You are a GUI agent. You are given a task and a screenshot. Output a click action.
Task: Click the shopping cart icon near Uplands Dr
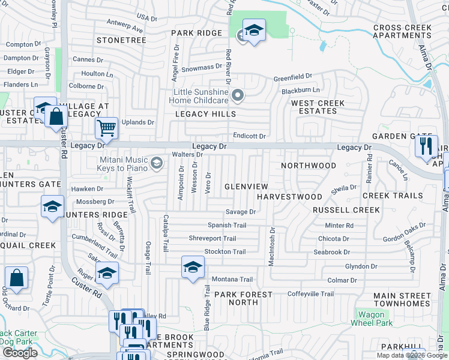pyautogui.click(x=106, y=127)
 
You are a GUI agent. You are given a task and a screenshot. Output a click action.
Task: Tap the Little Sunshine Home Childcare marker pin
pyautogui.click(x=239, y=95)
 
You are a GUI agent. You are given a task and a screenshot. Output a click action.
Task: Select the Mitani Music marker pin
pyautogui.click(x=157, y=163)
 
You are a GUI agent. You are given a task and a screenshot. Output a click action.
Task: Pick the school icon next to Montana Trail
pyautogui.click(x=193, y=267)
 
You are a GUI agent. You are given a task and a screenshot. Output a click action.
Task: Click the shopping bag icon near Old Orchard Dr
pyautogui.click(x=16, y=278)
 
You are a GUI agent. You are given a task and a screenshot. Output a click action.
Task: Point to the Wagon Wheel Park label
pyautogui.click(x=375, y=319)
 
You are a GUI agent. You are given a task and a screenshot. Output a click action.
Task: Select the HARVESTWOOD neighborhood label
pyautogui.click(x=289, y=197)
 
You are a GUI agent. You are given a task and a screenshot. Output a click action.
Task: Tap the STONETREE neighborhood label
pyautogui.click(x=122, y=40)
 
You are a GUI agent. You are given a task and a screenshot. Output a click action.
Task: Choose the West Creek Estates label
pyautogui.click(x=318, y=107)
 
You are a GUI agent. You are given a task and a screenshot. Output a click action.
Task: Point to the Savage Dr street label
pyautogui.click(x=241, y=212)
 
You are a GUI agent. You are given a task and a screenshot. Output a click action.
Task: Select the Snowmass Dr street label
pyautogui.click(x=202, y=69)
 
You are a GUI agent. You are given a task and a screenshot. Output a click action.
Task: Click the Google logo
pyautogui.click(x=20, y=352)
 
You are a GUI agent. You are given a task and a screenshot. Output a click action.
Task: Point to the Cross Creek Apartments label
pyautogui.click(x=402, y=31)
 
